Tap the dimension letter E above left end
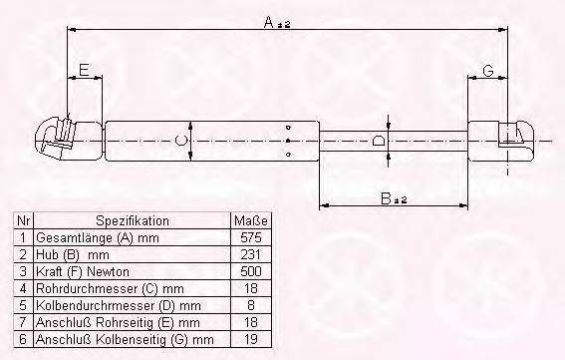tap(85, 69)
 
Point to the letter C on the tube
tap(179, 142)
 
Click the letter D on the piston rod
tap(379, 141)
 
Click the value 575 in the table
tap(250, 238)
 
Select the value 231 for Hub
tap(250, 255)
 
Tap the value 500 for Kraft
tap(250, 272)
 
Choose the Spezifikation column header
tap(133, 220)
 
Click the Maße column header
tap(249, 220)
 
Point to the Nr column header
tap(23, 220)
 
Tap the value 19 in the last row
tap(250, 340)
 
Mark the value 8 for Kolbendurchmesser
tap(250, 306)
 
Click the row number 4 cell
tap(23, 289)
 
